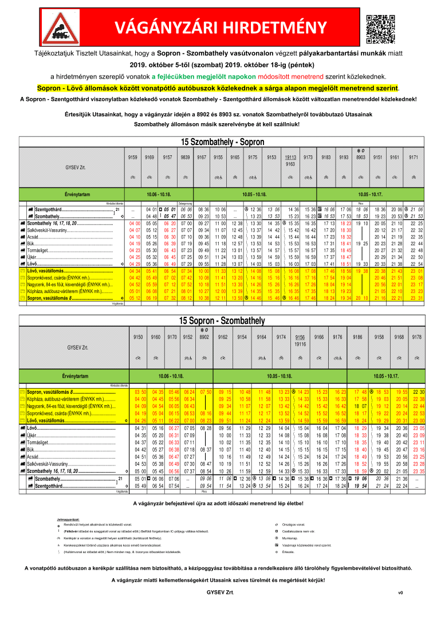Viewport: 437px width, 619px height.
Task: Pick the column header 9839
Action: pyautogui.click(x=186, y=156)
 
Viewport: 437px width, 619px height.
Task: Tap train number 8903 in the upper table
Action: pyautogui.click(x=361, y=156)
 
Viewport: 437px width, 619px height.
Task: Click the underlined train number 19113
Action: pyautogui.click(x=292, y=156)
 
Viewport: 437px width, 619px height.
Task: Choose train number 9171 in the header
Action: pyautogui.click(x=413, y=156)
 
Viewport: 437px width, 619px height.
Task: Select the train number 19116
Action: pyautogui.click(x=300, y=344)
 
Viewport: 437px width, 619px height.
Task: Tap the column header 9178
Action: pyautogui.click(x=417, y=338)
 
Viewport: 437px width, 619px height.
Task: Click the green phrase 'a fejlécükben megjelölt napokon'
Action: pyautogui.click(x=199, y=76)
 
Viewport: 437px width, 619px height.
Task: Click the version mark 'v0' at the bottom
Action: pyautogui.click(x=400, y=593)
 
